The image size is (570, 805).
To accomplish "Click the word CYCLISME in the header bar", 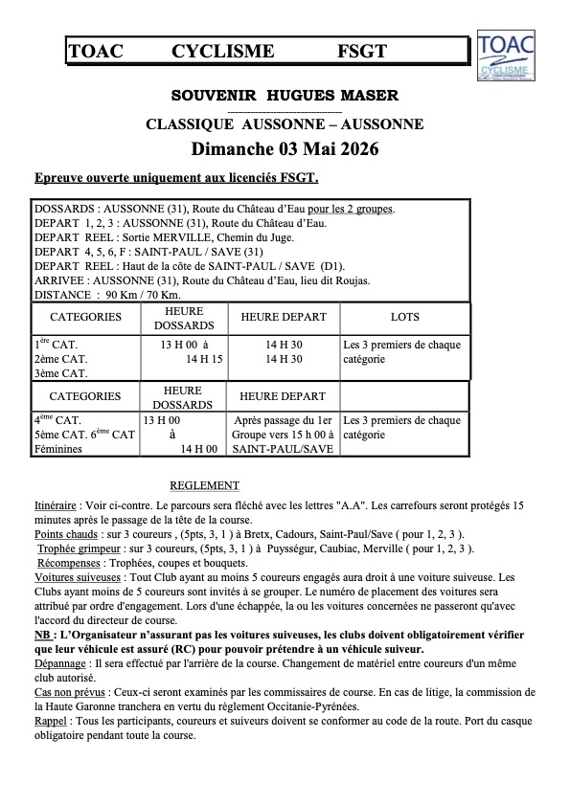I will coord(223,52).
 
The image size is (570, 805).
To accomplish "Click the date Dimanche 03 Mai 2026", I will coord(285,149).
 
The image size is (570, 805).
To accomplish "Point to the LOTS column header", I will coord(405,317).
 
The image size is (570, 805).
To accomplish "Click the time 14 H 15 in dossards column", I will coord(203,358).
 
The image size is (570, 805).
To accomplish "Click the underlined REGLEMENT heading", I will coord(204,485).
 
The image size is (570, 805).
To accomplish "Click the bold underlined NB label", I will coord(42,635).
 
